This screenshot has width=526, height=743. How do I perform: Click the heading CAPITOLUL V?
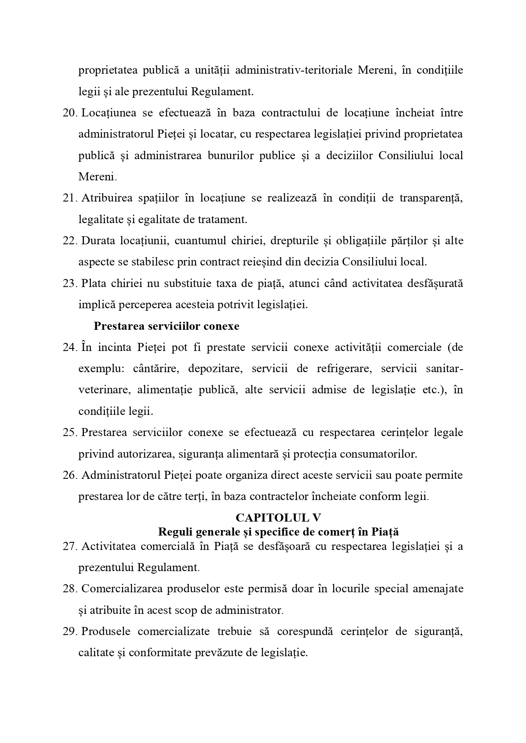pos(278,517)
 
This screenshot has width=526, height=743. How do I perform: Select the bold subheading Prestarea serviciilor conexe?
pos(166,326)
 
